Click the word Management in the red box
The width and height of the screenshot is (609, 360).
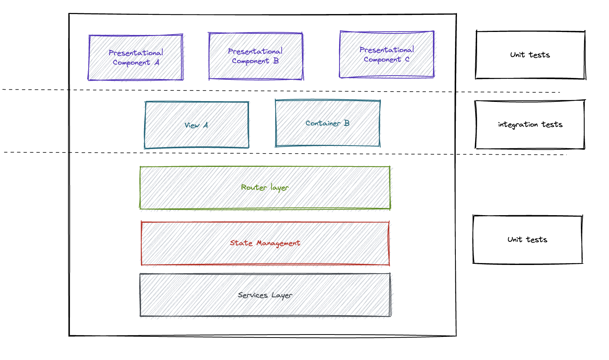pyautogui.click(x=278, y=243)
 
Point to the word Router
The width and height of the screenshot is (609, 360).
pyautogui.click(x=254, y=187)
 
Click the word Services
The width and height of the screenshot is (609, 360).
pyautogui.click(x=253, y=295)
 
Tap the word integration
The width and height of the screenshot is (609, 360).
pyautogui.click(x=518, y=125)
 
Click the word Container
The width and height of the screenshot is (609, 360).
pyautogui.click(x=323, y=123)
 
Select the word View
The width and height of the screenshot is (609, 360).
pyautogui.click(x=192, y=125)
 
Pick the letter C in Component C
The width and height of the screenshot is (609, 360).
pyautogui.click(x=407, y=59)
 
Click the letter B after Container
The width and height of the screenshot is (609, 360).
pyautogui.click(x=347, y=123)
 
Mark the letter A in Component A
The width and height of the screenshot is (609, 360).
pyautogui.click(x=157, y=62)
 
